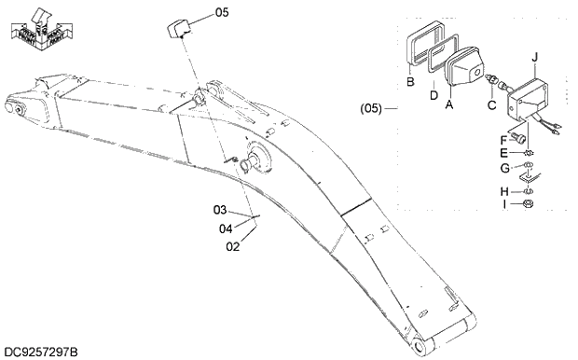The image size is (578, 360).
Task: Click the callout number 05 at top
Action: coord(221,12)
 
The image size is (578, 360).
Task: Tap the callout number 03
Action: coord(219,209)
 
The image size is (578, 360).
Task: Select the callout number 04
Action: coord(225,228)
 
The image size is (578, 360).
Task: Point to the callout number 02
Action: coord(233,246)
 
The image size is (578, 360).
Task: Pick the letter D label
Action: coord(434,94)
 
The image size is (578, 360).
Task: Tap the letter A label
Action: coord(449,105)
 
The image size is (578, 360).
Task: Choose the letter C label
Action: coord(491,104)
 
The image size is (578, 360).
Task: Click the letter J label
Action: coord(535,57)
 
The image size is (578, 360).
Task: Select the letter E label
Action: coord(504,153)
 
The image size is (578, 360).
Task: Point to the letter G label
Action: coord(504,169)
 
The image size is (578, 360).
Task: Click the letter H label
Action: coord(504,191)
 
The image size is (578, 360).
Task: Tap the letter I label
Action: coord(504,203)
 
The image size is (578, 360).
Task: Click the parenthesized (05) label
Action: coord(372,109)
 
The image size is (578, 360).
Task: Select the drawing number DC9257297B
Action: coord(41,352)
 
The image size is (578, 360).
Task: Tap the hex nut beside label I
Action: coord(528,203)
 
